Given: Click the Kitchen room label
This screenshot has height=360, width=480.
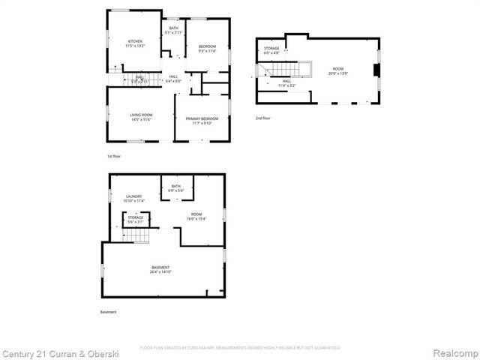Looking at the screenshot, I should click(135, 43).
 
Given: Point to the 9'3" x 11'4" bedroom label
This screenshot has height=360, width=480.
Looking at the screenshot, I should click(207, 49).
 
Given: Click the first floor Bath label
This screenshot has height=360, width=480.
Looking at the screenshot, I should click(173, 31).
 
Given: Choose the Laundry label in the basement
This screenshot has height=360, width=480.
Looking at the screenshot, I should click(134, 199).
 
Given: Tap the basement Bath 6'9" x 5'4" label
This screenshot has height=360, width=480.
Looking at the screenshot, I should click(176, 188).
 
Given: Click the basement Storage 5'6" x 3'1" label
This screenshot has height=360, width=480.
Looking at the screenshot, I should click(135, 219).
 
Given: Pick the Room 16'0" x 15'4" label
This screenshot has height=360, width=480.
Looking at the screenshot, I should click(196, 217).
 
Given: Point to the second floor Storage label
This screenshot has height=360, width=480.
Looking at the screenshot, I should click(271, 51).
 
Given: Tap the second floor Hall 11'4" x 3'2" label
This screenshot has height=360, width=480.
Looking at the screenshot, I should click(286, 85).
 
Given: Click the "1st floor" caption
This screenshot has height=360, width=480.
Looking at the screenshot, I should click(113, 156).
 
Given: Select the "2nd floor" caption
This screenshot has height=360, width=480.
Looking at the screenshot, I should click(262, 118).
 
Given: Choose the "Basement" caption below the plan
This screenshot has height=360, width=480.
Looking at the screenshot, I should click(109, 312).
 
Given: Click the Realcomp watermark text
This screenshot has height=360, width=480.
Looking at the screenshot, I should click(454, 352).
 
